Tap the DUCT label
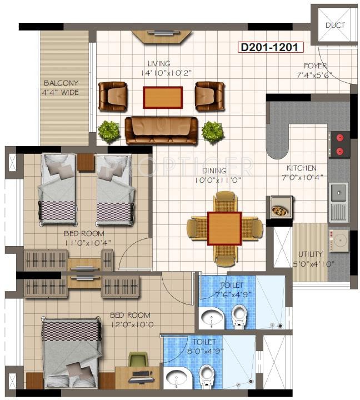(x=334, y=26)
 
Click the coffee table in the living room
(x=162, y=97)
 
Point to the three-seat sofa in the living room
(x=161, y=131)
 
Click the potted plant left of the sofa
(x=108, y=131)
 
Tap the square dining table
(x=224, y=228)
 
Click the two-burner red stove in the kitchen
(x=339, y=144)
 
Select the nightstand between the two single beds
(x=86, y=162)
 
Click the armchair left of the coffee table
(x=113, y=96)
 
